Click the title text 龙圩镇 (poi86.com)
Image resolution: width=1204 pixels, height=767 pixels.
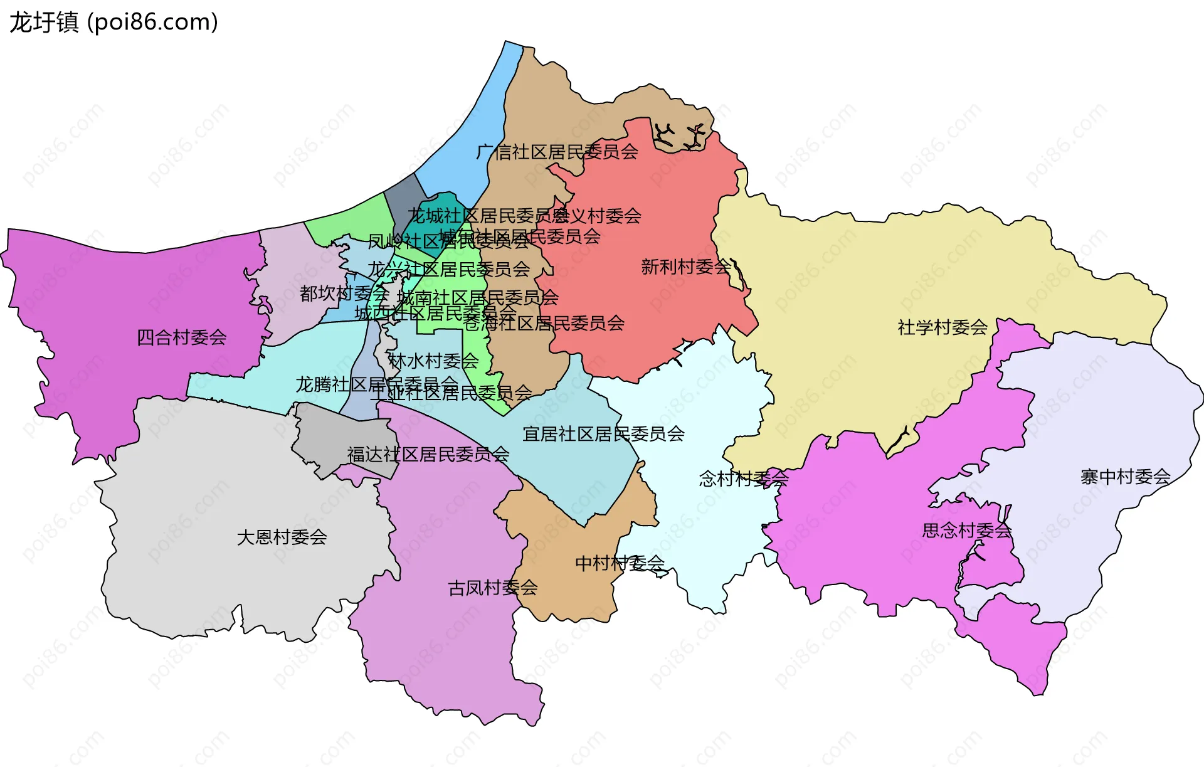114,22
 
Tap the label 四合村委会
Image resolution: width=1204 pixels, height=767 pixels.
181,337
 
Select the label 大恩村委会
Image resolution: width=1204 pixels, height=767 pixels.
282,537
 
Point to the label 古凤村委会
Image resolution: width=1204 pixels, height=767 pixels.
492,588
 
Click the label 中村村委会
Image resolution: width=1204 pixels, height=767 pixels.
620,563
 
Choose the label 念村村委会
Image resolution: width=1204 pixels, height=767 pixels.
743,479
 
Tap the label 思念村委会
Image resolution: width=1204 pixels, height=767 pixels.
967,531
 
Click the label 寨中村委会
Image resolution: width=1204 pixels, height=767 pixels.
1125,477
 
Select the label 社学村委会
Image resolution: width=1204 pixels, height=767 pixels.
942,327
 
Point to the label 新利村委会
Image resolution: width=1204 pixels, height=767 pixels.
685,267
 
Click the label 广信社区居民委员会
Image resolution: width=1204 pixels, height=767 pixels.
557,152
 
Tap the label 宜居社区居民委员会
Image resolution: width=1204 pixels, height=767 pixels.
603,433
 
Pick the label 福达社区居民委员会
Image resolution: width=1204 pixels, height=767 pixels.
428,454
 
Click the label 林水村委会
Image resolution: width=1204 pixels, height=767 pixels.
433,361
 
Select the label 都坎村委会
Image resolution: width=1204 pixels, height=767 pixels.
344,293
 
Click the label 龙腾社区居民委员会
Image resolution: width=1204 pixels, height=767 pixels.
376,383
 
